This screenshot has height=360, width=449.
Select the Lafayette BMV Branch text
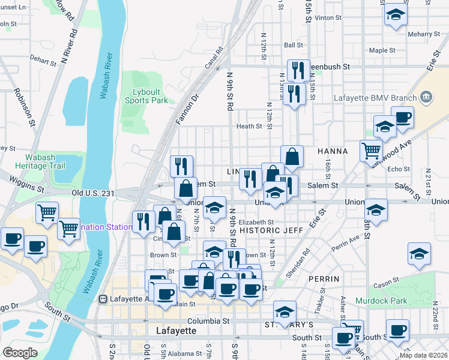[387, 97]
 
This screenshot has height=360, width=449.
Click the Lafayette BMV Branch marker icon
[426, 97]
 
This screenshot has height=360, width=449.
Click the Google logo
[20, 353]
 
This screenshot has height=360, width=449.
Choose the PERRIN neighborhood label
[324, 279]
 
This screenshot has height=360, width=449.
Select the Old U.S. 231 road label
[93, 193]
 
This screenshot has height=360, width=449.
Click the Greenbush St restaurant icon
[298, 71]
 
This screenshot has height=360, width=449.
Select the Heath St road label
[249, 126]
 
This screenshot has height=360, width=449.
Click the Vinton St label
[328, 18]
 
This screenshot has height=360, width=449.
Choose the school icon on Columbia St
[285, 311]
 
